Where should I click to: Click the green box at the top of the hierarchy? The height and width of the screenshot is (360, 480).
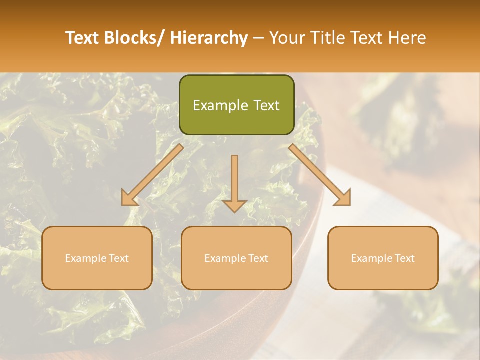(x=236, y=105)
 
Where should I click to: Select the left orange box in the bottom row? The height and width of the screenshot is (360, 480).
(x=97, y=258)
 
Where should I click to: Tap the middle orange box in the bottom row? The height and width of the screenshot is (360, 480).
(x=236, y=258)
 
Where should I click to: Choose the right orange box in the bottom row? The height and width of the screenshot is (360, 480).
(x=383, y=258)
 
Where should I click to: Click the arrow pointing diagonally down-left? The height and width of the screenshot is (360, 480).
(x=153, y=175)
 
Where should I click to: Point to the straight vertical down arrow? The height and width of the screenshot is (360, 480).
(x=234, y=183)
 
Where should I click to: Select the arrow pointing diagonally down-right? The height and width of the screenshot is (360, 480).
(x=320, y=175)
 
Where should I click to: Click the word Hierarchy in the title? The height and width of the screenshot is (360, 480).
(x=209, y=38)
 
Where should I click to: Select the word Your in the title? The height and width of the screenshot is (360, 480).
(x=288, y=38)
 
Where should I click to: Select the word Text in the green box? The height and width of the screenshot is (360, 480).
(x=266, y=105)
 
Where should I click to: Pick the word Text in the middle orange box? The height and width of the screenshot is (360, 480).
(x=258, y=258)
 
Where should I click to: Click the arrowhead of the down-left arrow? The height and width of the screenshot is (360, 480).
(x=129, y=199)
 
